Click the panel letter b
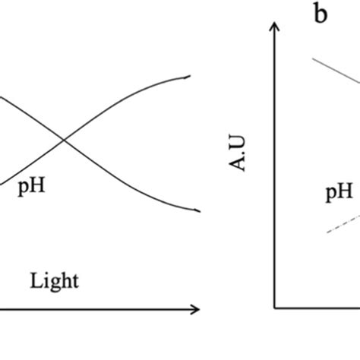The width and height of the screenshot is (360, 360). (321, 12)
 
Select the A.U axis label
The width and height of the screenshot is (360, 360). (238, 153)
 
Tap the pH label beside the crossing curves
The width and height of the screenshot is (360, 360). (32, 186)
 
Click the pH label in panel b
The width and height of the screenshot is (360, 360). (339, 191)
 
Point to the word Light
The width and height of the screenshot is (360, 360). (55, 280)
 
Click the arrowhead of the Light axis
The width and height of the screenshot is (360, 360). (196, 309)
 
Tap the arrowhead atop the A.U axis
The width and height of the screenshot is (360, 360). (274, 27)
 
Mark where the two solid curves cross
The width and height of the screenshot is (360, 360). (64, 140)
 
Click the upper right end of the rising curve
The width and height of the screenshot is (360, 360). (190, 76)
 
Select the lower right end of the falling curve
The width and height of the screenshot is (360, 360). (201, 211)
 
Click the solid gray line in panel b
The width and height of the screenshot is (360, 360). (336, 71)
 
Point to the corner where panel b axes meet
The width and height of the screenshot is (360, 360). (274, 308)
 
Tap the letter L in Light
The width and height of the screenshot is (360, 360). (36, 280)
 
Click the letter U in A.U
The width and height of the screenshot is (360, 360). (238, 144)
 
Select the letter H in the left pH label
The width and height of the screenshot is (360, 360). (37, 185)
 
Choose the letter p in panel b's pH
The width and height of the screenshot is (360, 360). (331, 194)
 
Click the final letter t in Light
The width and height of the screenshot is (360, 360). (76, 282)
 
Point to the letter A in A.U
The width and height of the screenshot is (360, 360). (238, 164)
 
